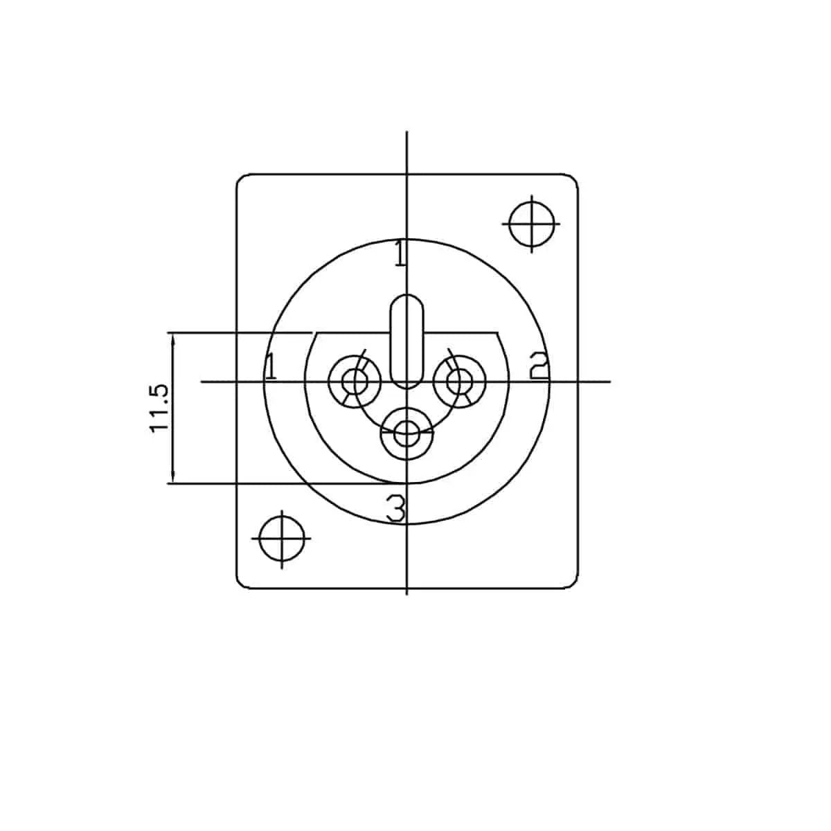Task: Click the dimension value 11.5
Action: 159,408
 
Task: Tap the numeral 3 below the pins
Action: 395,509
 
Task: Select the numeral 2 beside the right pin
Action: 539,366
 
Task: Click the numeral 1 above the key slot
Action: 400,253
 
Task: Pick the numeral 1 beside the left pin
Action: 271,366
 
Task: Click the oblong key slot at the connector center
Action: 406,341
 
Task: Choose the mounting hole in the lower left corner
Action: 283,538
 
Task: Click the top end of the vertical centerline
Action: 406,132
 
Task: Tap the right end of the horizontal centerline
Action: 609,381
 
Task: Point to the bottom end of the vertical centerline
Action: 406,593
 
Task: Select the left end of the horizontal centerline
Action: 202,381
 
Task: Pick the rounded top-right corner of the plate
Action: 574,178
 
